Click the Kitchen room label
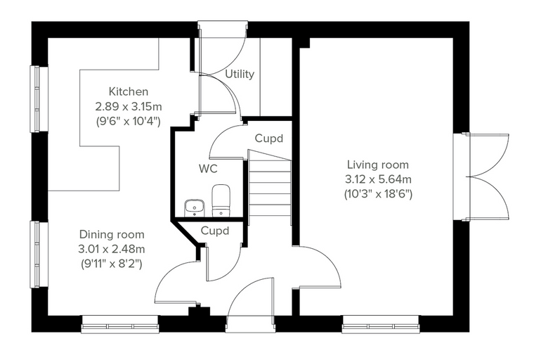[x=129, y=91]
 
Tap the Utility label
[x=240, y=74]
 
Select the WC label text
[x=208, y=169]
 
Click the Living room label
[x=378, y=165]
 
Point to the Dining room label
[x=112, y=235]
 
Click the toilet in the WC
[x=221, y=200]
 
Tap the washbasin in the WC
[x=195, y=208]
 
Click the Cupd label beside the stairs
[x=268, y=139]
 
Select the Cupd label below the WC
[x=215, y=231]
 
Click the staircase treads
[x=270, y=187]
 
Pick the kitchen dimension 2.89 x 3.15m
[x=129, y=107]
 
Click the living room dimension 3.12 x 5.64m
[x=378, y=179]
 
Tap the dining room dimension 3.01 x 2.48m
[x=112, y=249]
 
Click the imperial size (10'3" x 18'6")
[x=378, y=194]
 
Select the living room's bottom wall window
[x=380, y=324]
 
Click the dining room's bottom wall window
[x=120, y=324]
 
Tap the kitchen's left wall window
[x=39, y=98]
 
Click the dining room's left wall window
[x=39, y=255]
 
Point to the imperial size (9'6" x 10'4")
[x=129, y=122]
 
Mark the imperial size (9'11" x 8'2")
[x=112, y=264]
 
